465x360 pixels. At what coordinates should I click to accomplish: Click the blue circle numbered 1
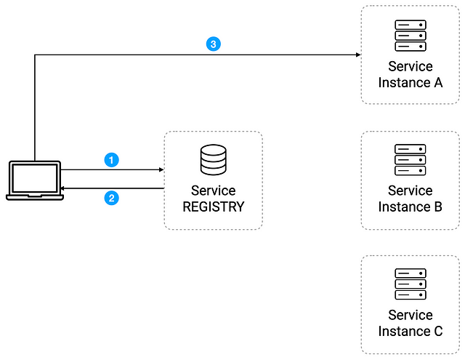coord(111,160)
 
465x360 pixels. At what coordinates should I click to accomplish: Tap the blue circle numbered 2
coord(111,198)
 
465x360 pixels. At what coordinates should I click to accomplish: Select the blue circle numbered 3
coord(213,44)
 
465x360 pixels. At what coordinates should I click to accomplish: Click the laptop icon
coord(35,180)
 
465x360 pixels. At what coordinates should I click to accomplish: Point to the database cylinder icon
coord(213,160)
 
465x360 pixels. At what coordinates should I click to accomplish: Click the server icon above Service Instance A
coord(411,36)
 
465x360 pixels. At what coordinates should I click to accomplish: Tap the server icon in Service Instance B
coord(411,160)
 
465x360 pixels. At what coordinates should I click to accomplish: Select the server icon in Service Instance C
coord(411,284)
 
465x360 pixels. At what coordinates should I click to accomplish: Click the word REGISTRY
coord(213,207)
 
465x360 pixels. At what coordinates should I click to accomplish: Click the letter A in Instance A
coord(438,82)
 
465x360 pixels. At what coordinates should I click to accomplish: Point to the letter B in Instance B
coord(438,207)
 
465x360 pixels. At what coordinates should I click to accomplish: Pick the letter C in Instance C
coord(438,331)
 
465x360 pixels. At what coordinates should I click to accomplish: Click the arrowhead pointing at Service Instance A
coord(358,55)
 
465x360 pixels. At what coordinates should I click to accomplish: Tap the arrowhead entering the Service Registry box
coord(161,169)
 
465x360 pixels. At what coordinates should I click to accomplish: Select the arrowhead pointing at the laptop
coord(62,188)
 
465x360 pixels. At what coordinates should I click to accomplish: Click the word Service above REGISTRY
coord(213,191)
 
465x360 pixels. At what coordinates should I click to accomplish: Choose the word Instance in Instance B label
coord(404,207)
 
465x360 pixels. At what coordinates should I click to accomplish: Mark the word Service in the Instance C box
coord(411,315)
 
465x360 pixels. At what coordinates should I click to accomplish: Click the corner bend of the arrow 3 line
coord(35,55)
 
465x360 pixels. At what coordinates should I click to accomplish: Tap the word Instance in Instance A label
coord(404,82)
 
